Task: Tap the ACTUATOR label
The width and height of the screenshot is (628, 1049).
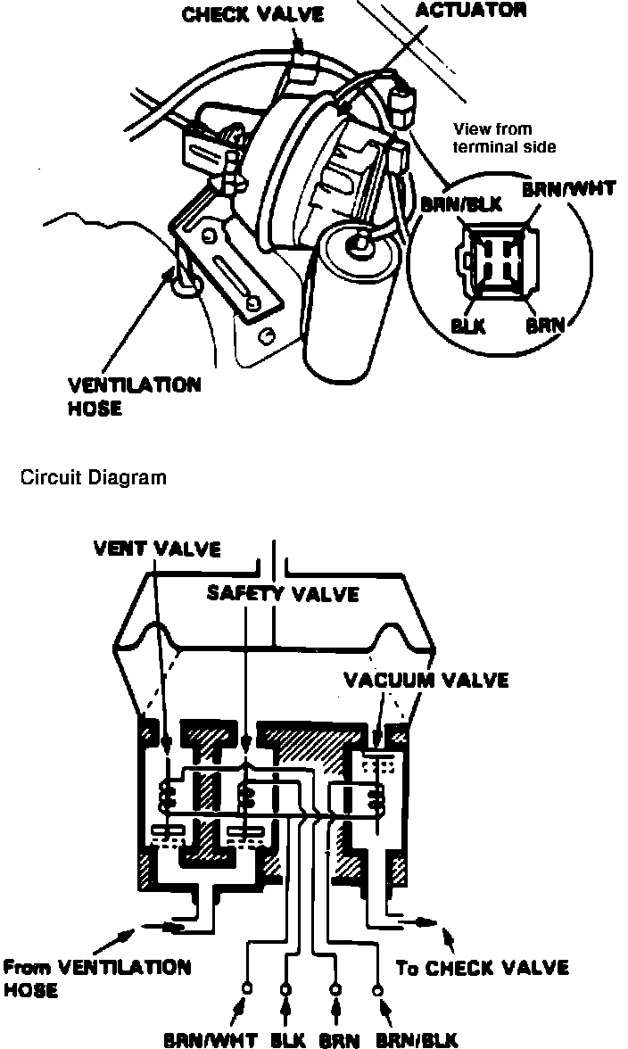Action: pyautogui.click(x=472, y=11)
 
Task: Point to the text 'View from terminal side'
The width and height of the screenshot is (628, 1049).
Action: pyautogui.click(x=504, y=137)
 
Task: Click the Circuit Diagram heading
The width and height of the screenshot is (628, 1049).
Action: pyautogui.click(x=93, y=477)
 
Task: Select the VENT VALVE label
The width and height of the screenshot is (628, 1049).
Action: pyautogui.click(x=156, y=548)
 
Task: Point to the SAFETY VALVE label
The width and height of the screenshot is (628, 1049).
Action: pyautogui.click(x=282, y=592)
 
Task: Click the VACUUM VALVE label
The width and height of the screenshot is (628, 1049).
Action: pyautogui.click(x=426, y=680)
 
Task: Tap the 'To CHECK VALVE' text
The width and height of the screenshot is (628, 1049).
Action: pyautogui.click(x=482, y=968)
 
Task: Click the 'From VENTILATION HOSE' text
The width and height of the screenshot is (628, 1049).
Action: pyautogui.click(x=96, y=978)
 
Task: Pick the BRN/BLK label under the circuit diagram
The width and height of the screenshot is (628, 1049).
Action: pyautogui.click(x=417, y=1039)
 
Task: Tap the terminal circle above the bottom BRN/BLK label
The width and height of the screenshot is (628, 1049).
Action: pyautogui.click(x=378, y=988)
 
